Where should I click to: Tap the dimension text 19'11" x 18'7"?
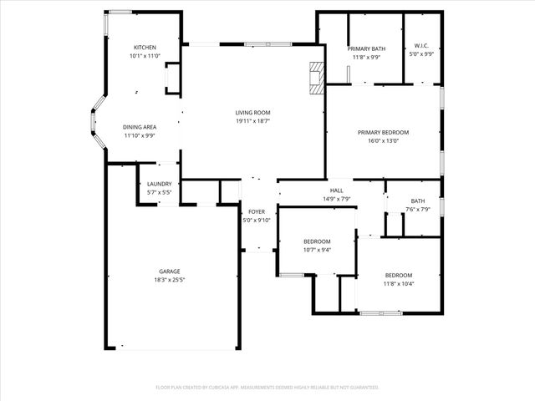pos(252,121)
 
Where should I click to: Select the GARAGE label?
pos(170,272)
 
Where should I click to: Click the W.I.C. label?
pos(421,46)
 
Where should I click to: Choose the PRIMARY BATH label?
pos(366,48)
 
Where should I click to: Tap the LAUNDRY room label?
pos(159,184)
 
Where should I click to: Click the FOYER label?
pos(257,212)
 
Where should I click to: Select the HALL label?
pos(337,190)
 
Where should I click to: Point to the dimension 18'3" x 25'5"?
pos(170,281)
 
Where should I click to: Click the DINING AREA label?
pos(140,126)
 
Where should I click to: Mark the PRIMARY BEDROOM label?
pos(383,132)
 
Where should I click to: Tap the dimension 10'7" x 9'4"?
pos(317,250)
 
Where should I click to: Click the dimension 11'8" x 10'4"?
pos(399,284)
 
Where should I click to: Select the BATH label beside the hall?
pos(418,200)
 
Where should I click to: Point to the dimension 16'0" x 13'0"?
pos(383,141)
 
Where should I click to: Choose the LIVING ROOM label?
pos(252,112)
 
